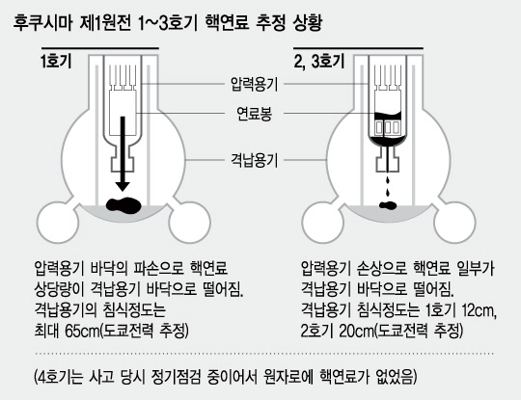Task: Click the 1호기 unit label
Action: point(56,61)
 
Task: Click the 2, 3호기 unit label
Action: point(319,61)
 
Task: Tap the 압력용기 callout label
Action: point(254,84)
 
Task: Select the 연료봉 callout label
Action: point(254,113)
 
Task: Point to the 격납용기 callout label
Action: point(254,160)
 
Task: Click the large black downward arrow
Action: point(123,153)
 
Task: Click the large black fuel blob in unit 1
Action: point(123,205)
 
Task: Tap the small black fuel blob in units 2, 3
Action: point(388,205)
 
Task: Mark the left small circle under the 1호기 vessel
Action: point(58,222)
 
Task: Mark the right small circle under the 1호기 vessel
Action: point(190,222)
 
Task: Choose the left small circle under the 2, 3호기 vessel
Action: point(322,222)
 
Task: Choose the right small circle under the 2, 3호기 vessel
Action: point(454,222)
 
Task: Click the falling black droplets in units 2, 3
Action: point(388,187)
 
